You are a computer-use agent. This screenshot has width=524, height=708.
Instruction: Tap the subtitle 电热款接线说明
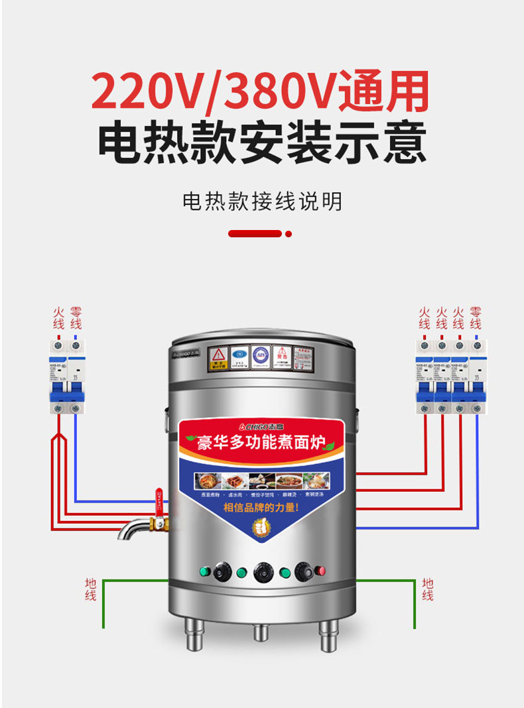pos(262,202)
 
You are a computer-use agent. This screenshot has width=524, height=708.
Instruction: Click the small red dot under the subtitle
pos(289,234)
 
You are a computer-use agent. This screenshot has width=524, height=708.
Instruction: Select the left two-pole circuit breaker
pos(67,377)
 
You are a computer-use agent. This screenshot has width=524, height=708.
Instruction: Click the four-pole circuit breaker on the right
pos(450,377)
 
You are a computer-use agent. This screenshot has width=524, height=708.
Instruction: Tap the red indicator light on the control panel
pos(322,570)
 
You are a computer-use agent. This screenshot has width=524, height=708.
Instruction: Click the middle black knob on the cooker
pos(261,571)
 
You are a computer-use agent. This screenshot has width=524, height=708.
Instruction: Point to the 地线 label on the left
pos(90,589)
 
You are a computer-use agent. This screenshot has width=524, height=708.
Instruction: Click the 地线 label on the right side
pos(428,589)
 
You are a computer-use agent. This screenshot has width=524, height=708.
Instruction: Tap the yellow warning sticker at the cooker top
pos(218,358)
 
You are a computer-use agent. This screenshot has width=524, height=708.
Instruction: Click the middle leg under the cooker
pos(261,633)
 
